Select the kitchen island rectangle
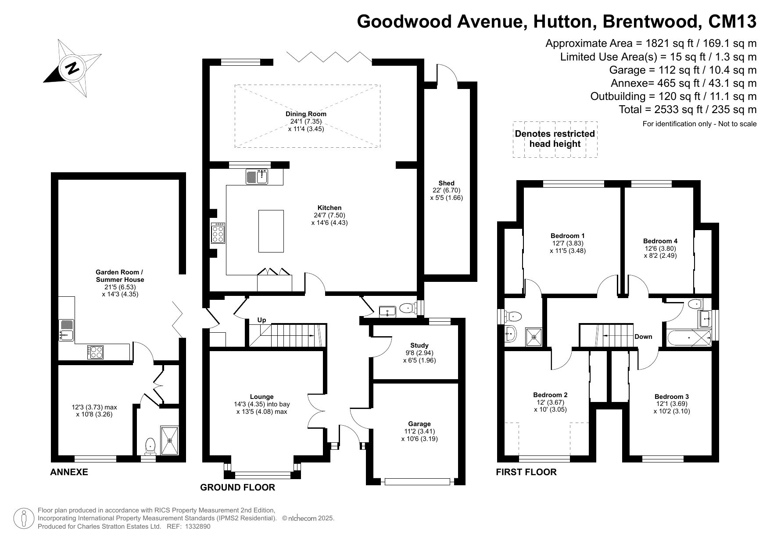point(271,231)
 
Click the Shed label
point(446,183)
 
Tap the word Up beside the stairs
point(261,320)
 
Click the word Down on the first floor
point(643,337)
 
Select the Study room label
point(419,345)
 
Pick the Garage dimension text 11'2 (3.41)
point(419,431)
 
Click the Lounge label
point(262,397)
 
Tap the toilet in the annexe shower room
point(150,446)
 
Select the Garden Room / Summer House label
point(120,276)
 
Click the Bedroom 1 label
point(568,236)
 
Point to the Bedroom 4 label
point(660,241)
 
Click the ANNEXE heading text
point(69,472)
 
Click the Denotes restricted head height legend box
point(555,139)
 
